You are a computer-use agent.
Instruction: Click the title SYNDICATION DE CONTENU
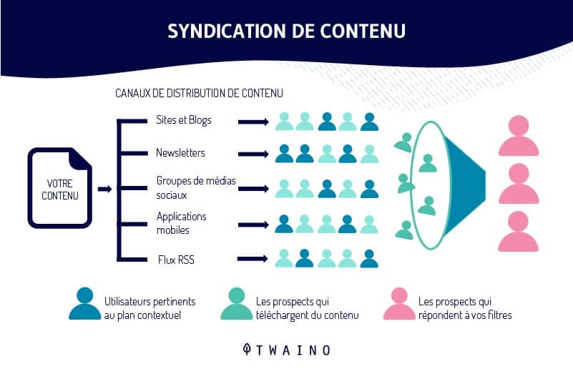click(x=286, y=31)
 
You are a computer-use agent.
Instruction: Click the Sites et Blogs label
click(x=183, y=120)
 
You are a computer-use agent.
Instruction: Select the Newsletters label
click(x=180, y=152)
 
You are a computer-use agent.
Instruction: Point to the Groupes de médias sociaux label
click(x=196, y=187)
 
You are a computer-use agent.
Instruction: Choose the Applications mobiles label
click(x=181, y=223)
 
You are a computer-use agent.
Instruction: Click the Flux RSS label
click(x=176, y=260)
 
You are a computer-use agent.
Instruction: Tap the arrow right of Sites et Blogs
click(x=253, y=122)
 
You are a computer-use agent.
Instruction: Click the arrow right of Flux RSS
click(x=253, y=259)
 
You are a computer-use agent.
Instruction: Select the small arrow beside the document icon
click(x=105, y=189)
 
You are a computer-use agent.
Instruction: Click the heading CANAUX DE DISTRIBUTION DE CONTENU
click(x=199, y=93)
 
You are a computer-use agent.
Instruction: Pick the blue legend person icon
click(x=85, y=303)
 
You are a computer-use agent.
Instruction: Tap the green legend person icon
click(x=237, y=303)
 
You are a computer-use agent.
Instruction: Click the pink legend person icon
click(x=399, y=303)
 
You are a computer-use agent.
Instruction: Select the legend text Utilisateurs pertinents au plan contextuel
click(x=150, y=308)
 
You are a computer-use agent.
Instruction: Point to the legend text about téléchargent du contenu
click(x=308, y=308)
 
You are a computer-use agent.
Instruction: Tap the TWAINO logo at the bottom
click(x=287, y=350)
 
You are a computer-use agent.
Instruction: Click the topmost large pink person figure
click(x=519, y=136)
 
